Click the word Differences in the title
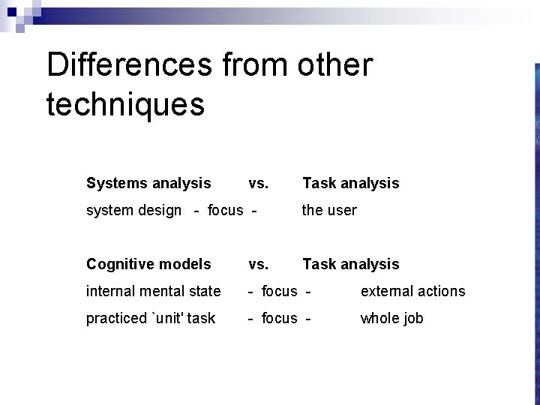pos(128,65)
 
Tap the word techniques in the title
pos(125,104)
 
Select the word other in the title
pos(334,65)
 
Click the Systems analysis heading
pos(148,183)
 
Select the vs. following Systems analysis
pos(259,183)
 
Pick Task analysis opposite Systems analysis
pos(350,183)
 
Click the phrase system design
pos(133,210)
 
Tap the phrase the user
pos(329,210)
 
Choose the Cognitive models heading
pos(148,264)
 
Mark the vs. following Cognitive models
pos(259,264)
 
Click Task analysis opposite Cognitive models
pos(350,264)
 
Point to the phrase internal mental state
pos(154,291)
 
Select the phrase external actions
pos(412,291)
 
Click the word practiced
pos(116,318)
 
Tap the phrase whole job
pos(391,318)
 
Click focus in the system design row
pos(226,210)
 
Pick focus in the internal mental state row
pos(279,291)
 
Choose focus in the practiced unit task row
pos(279,318)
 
